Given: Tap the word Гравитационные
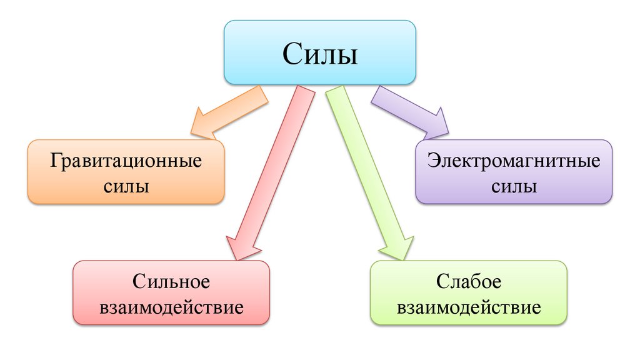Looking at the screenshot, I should [x=126, y=161].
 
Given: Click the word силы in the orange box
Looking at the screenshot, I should [x=126, y=186].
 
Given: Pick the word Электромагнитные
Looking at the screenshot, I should [x=514, y=161].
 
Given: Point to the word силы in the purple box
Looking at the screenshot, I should [x=514, y=186].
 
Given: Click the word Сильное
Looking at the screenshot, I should [x=171, y=282].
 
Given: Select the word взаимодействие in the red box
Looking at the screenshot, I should [x=171, y=307].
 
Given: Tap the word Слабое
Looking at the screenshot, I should [x=469, y=282].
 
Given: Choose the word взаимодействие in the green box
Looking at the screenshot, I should [x=469, y=307].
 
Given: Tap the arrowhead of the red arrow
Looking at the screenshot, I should [x=240, y=247].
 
